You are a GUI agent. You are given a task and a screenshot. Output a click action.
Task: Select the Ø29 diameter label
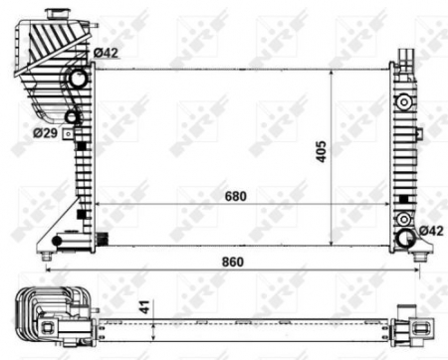click(45, 130)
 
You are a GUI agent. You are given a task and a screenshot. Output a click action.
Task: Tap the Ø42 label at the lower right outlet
click(430, 231)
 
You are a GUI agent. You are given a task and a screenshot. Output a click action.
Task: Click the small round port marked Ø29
click(72, 119)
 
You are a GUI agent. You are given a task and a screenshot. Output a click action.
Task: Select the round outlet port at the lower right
click(406, 239)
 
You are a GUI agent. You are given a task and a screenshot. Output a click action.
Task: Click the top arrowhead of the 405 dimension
click(330, 72)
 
